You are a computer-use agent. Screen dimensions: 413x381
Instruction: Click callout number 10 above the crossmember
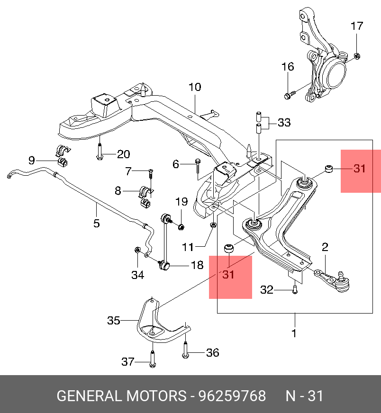(x=194, y=87)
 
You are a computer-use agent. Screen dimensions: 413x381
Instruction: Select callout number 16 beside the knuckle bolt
(x=288, y=67)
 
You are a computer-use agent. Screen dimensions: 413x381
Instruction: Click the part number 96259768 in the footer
(x=232, y=396)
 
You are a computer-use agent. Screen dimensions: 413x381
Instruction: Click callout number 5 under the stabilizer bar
(x=97, y=223)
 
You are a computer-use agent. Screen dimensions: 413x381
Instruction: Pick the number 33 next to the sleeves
(x=284, y=123)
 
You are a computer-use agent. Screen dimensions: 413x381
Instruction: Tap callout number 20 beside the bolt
(x=123, y=154)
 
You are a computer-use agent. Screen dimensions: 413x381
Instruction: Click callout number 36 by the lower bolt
(x=212, y=352)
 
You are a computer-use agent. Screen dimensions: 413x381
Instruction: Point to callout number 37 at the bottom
(x=128, y=362)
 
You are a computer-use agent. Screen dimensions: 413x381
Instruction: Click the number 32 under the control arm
(x=267, y=289)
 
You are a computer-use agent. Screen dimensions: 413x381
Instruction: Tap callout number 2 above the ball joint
(x=325, y=247)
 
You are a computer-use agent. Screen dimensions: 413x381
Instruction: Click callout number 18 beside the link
(x=197, y=265)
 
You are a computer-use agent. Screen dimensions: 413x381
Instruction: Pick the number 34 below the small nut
(x=137, y=275)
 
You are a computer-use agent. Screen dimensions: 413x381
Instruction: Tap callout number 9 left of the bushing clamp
(x=32, y=160)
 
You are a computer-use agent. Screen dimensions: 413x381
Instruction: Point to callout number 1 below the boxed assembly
(x=294, y=333)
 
